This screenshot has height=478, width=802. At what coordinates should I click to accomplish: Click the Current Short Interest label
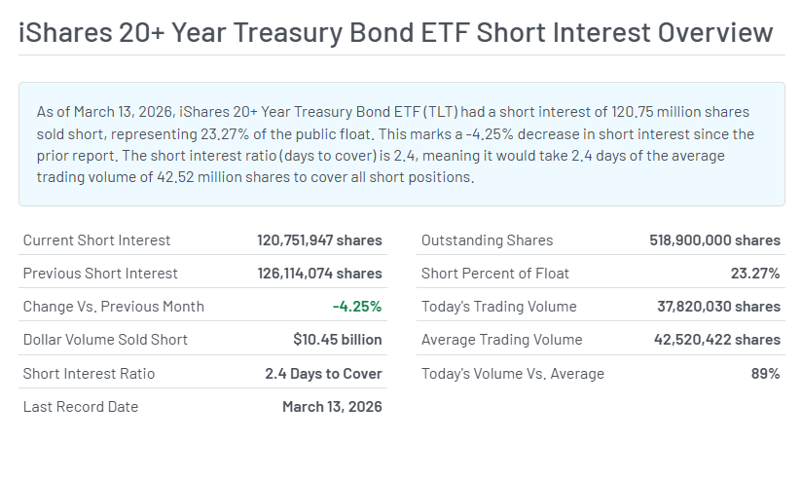96,240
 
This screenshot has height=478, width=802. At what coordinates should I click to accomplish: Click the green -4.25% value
357,307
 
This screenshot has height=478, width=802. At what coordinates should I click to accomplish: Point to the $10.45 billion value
337,340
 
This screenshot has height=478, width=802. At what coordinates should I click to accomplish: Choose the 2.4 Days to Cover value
323,374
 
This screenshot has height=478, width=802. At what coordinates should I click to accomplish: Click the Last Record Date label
81,407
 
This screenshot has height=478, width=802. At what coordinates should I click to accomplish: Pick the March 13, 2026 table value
332,407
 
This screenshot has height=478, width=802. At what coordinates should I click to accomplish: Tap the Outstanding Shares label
487,240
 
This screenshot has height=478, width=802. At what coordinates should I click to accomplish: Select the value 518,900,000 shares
714,240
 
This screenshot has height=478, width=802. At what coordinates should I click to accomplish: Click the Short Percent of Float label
495,274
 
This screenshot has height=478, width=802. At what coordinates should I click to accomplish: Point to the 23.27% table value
755,274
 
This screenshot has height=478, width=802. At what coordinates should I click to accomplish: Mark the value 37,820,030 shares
718,307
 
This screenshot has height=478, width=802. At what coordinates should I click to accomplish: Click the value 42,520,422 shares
716,340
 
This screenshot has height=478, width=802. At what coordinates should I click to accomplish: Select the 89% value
764,374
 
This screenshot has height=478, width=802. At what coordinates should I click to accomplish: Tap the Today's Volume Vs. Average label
513,374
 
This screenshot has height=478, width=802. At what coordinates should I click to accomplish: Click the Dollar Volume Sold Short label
105,340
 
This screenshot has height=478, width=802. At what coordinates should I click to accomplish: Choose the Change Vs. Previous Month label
114,307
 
